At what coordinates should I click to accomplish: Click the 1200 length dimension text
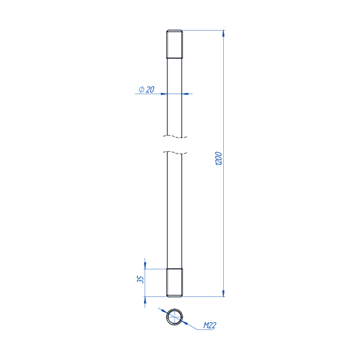(x=218, y=158)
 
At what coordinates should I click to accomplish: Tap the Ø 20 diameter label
(x=146, y=89)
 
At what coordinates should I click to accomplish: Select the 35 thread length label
(x=140, y=279)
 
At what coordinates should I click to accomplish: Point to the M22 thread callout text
(x=209, y=325)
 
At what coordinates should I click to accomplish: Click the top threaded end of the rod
(x=175, y=44)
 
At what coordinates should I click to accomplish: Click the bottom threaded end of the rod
(x=175, y=283)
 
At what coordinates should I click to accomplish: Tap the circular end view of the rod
(x=175, y=317)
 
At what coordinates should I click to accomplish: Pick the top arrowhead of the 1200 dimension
(x=223, y=33)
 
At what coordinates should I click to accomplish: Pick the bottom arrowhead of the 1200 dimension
(x=223, y=293)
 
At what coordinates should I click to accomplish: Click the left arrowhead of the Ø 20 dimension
(x=164, y=94)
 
